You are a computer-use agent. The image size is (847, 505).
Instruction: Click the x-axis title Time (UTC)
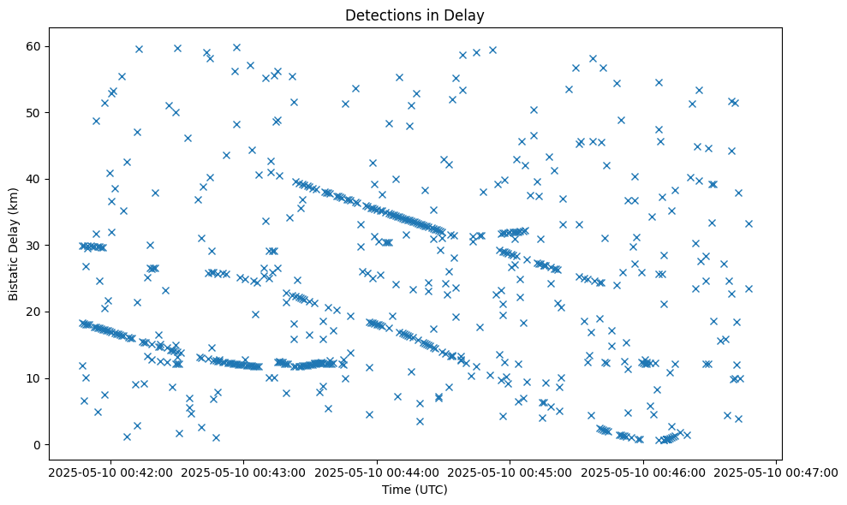(415, 490)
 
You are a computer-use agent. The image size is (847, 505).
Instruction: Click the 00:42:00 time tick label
(110, 472)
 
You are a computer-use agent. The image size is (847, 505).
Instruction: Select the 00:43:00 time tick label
(243, 472)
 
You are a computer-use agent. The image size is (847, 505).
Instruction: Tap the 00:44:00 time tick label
(377, 472)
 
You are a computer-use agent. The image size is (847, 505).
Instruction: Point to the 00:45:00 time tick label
(510, 472)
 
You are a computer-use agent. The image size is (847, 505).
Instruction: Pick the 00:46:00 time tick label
(644, 472)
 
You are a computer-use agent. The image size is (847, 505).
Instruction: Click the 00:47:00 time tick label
(777, 472)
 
